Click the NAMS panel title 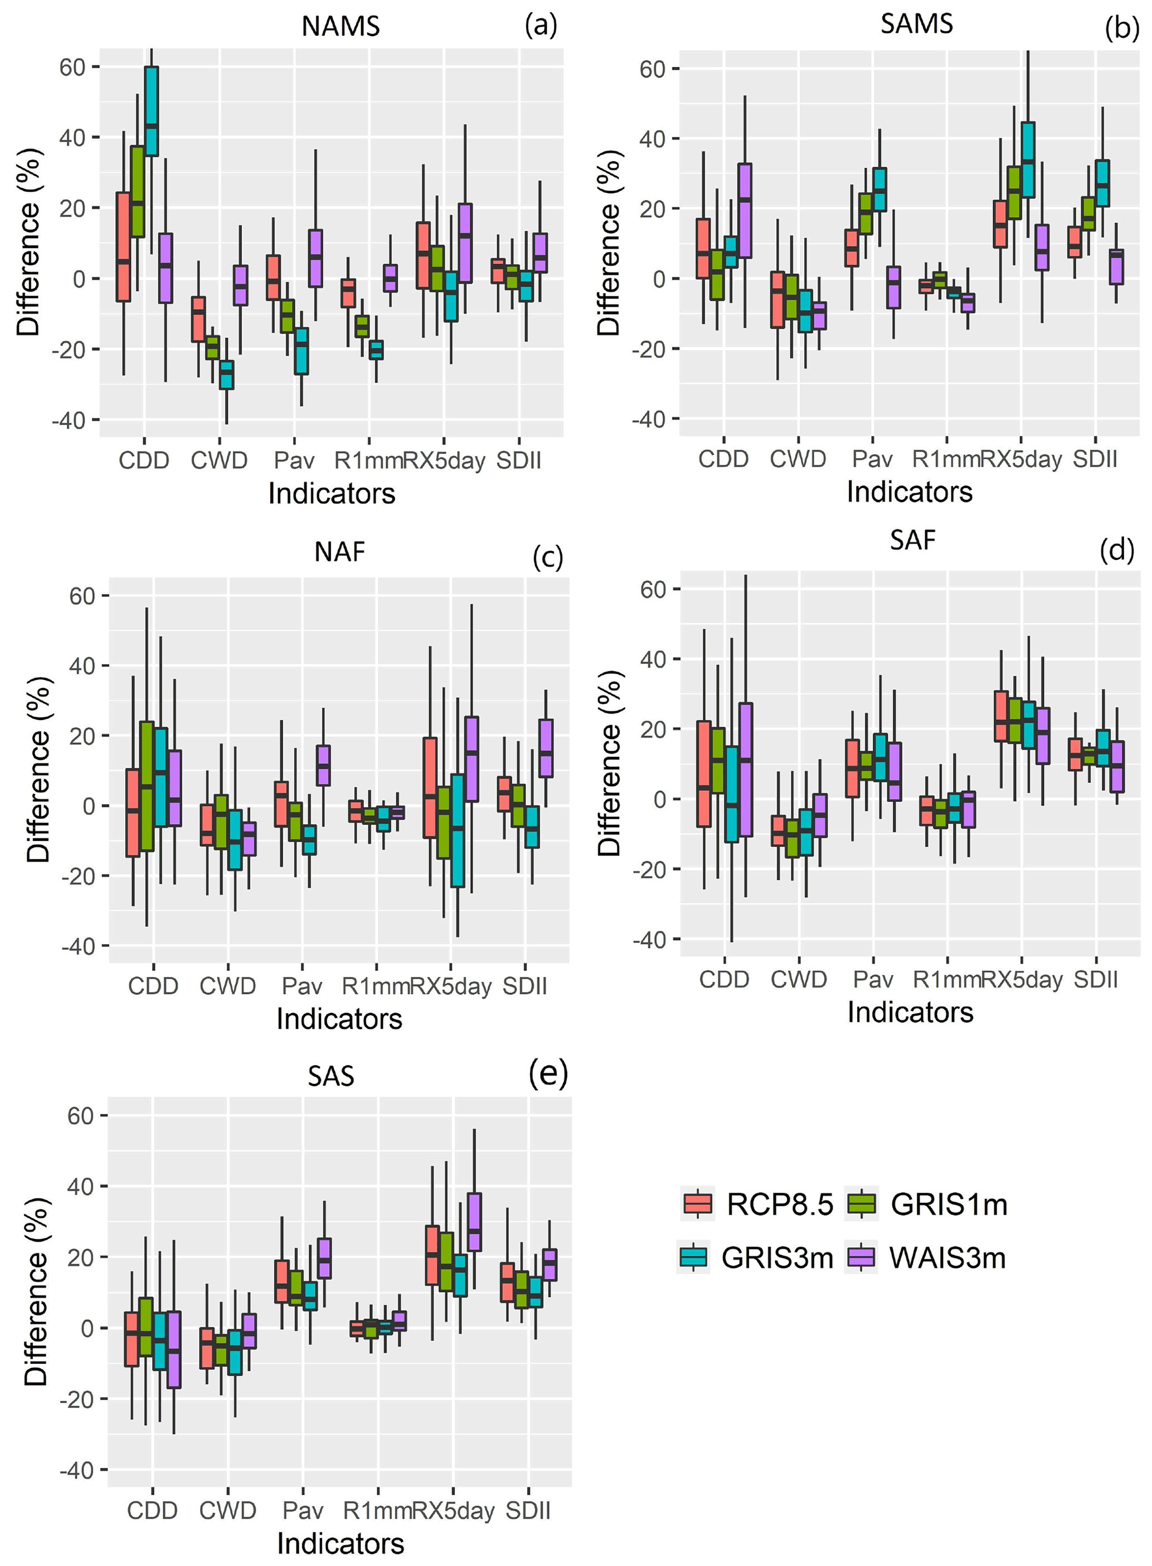341,27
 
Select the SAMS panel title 916,24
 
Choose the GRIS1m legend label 949,1204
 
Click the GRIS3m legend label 777,1258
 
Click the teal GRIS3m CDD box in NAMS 152,111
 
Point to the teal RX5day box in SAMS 1028,160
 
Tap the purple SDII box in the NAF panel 545,748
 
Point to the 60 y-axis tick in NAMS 72,67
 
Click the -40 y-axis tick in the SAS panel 77,1470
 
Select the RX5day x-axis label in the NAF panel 450,986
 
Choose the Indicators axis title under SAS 341,1543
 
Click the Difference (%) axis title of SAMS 609,242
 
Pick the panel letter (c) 547,557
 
